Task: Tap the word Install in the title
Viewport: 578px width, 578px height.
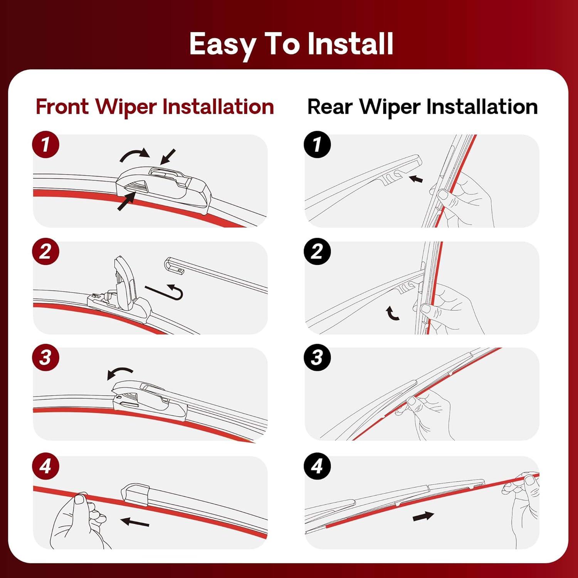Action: pos(350,44)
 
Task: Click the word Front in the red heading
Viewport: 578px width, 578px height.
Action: pos(62,107)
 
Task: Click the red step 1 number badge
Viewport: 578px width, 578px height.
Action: pos(46,145)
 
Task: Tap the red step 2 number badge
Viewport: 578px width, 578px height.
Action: pos(46,252)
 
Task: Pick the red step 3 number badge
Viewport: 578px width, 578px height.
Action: pos(46,358)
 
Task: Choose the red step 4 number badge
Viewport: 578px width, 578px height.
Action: pos(46,466)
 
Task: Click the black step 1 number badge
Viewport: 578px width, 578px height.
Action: pos(317,145)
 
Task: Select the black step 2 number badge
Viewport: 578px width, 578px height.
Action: pos(317,252)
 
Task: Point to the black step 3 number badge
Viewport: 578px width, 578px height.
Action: pos(317,358)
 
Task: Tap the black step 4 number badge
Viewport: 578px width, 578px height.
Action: pos(317,466)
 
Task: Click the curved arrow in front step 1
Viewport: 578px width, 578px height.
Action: pos(134,155)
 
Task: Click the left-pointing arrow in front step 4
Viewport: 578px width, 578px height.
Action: pos(135,523)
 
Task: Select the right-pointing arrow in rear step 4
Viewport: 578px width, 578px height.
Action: pos(423,516)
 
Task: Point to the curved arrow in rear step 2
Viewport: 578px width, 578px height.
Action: pos(392,314)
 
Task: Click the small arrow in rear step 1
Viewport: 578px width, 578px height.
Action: pos(416,179)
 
